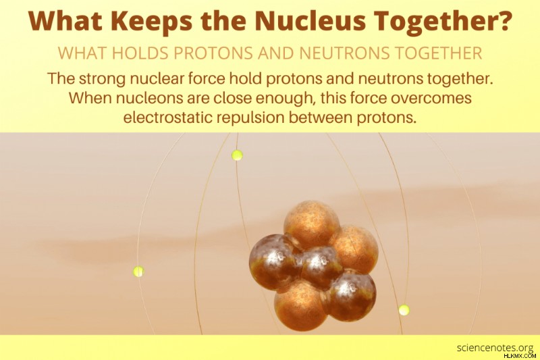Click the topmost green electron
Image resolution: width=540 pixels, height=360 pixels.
[x=237, y=155]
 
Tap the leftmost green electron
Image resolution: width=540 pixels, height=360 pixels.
[x=138, y=272]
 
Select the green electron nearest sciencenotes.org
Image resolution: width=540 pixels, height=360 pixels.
[x=404, y=310]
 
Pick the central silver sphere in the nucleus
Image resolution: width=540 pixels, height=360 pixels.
[x=321, y=267]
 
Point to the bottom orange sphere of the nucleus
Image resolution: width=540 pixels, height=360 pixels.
[x=300, y=305]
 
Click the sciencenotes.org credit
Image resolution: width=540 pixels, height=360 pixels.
[x=495, y=347]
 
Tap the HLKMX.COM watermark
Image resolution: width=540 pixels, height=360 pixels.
[x=520, y=355]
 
